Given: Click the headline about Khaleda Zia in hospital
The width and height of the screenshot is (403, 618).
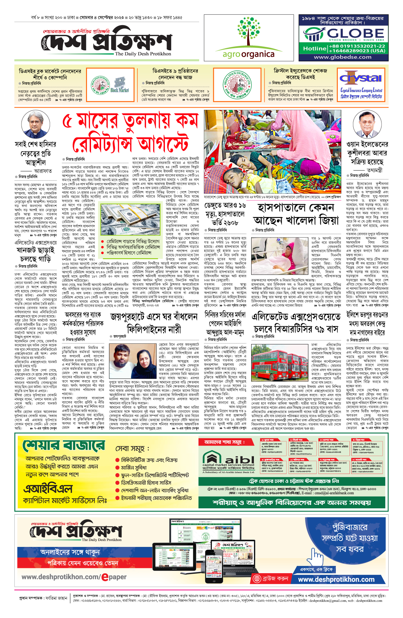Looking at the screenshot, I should (x=296, y=214).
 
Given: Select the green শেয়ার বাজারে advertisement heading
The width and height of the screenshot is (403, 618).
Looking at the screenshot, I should (x=63, y=446).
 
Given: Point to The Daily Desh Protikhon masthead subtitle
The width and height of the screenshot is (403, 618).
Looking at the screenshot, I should (x=143, y=54).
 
